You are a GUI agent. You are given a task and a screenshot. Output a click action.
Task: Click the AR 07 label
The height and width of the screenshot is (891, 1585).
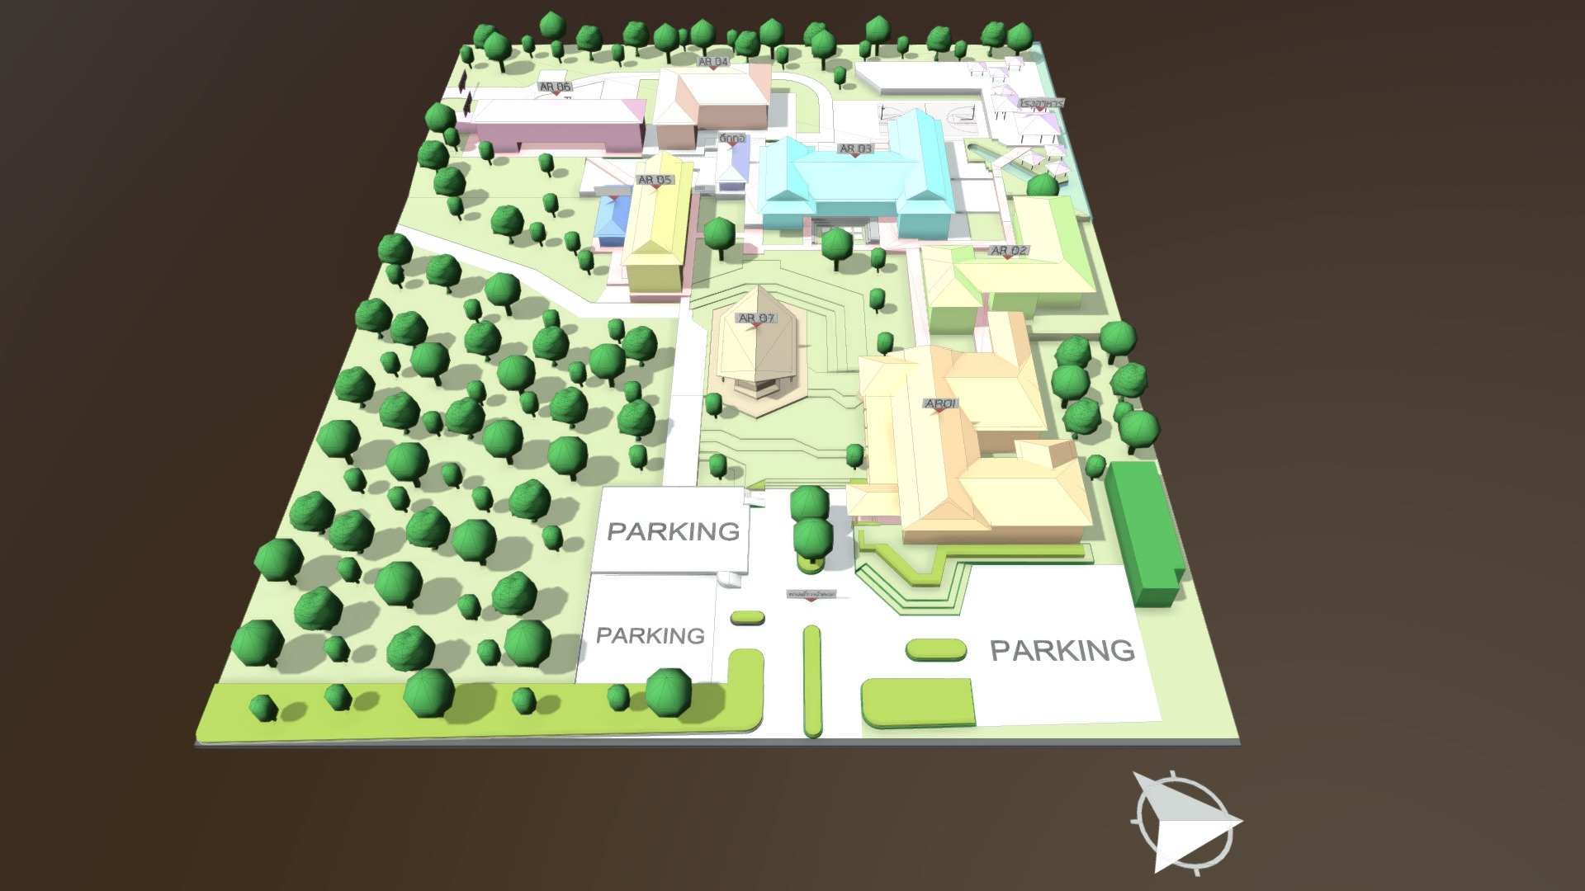(756, 318)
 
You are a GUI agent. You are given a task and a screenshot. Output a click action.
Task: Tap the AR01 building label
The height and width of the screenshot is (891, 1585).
(940, 403)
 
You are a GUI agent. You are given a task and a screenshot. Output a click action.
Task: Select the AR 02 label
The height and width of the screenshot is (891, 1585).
(1008, 250)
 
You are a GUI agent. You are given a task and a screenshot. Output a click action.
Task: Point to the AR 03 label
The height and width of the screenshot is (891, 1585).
(855, 148)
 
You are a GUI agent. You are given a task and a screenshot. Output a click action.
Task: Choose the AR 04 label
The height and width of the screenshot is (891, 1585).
(713, 62)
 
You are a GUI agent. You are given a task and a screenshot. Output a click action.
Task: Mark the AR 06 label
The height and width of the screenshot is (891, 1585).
(555, 87)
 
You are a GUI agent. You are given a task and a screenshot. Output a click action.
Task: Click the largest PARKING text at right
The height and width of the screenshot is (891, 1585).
(1062, 650)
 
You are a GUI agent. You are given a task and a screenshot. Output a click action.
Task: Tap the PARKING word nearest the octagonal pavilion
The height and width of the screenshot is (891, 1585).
(673, 530)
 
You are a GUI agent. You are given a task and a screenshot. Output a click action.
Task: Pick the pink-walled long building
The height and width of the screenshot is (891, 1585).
(553, 128)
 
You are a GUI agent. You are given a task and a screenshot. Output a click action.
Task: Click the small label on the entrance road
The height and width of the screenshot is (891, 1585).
(812, 594)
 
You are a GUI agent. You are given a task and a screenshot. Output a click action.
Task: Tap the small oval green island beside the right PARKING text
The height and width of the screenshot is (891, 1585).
(936, 650)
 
